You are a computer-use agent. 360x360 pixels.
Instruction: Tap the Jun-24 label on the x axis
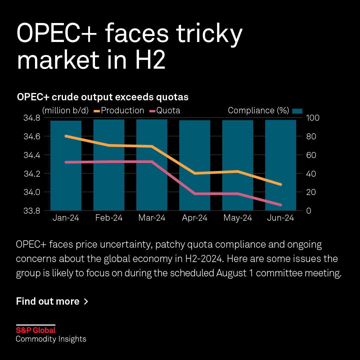pyautogui.click(x=280, y=218)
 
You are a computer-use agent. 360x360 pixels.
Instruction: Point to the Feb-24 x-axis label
pyautogui.click(x=109, y=218)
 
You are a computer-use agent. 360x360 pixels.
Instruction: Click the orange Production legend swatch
pyautogui.click(x=97, y=111)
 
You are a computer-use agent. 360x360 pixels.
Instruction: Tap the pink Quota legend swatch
pyautogui.click(x=152, y=111)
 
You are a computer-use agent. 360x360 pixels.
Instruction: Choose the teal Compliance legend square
pyautogui.click(x=297, y=111)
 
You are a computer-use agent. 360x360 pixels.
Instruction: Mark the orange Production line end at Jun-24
pyautogui.click(x=280, y=184)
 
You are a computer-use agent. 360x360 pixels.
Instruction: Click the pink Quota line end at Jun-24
pyautogui.click(x=280, y=205)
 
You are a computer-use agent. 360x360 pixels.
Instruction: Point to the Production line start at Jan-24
pyautogui.click(x=66, y=136)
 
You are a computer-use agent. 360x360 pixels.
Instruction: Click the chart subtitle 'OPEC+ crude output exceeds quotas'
pyautogui.click(x=103, y=97)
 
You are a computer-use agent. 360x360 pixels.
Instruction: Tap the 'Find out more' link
pyautogui.click(x=48, y=301)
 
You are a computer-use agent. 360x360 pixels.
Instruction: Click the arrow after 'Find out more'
pyautogui.click(x=86, y=302)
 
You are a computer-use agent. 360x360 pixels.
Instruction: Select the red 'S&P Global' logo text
pyautogui.click(x=36, y=330)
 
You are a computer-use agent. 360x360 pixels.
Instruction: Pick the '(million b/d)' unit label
pyautogui.click(x=65, y=111)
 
